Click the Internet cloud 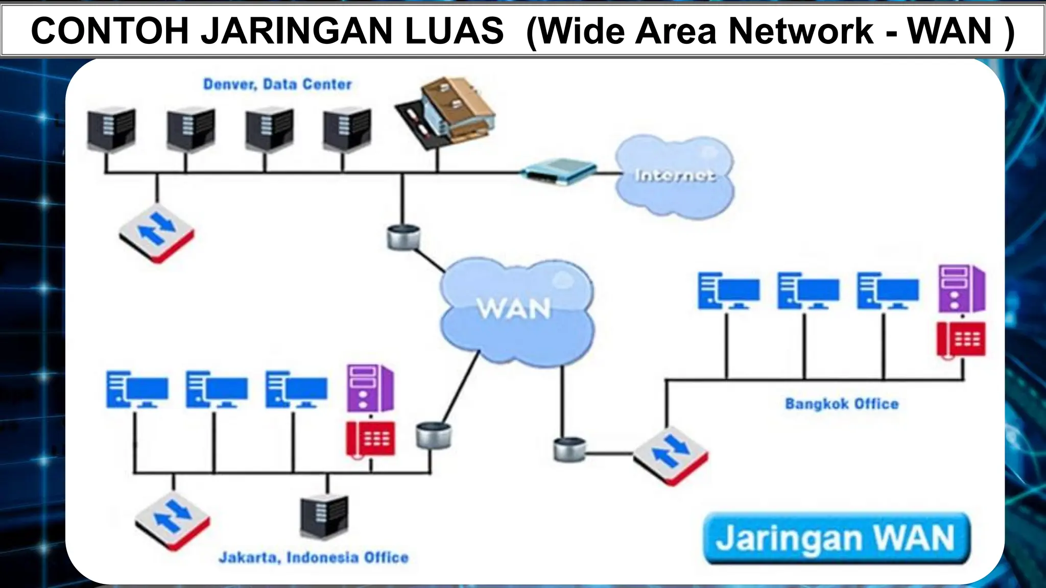(674, 176)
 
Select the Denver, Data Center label (277, 84)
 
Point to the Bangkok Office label (842, 404)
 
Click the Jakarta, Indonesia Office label (314, 557)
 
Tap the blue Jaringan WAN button (836, 538)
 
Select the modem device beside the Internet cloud (559, 171)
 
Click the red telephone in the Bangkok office (961, 339)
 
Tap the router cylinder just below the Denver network (403, 237)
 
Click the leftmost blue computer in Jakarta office (137, 390)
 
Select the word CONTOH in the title (109, 31)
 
